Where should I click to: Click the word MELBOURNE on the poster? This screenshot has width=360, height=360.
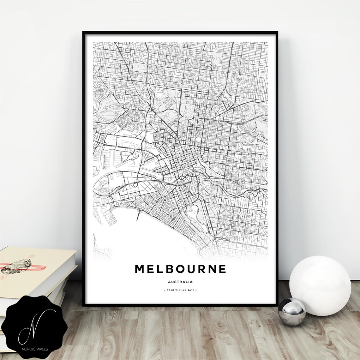(180, 269)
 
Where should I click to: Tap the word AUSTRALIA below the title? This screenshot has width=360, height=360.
(180, 282)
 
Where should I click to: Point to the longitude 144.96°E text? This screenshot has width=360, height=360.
(188, 290)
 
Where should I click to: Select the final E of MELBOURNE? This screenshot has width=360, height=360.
(222, 269)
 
